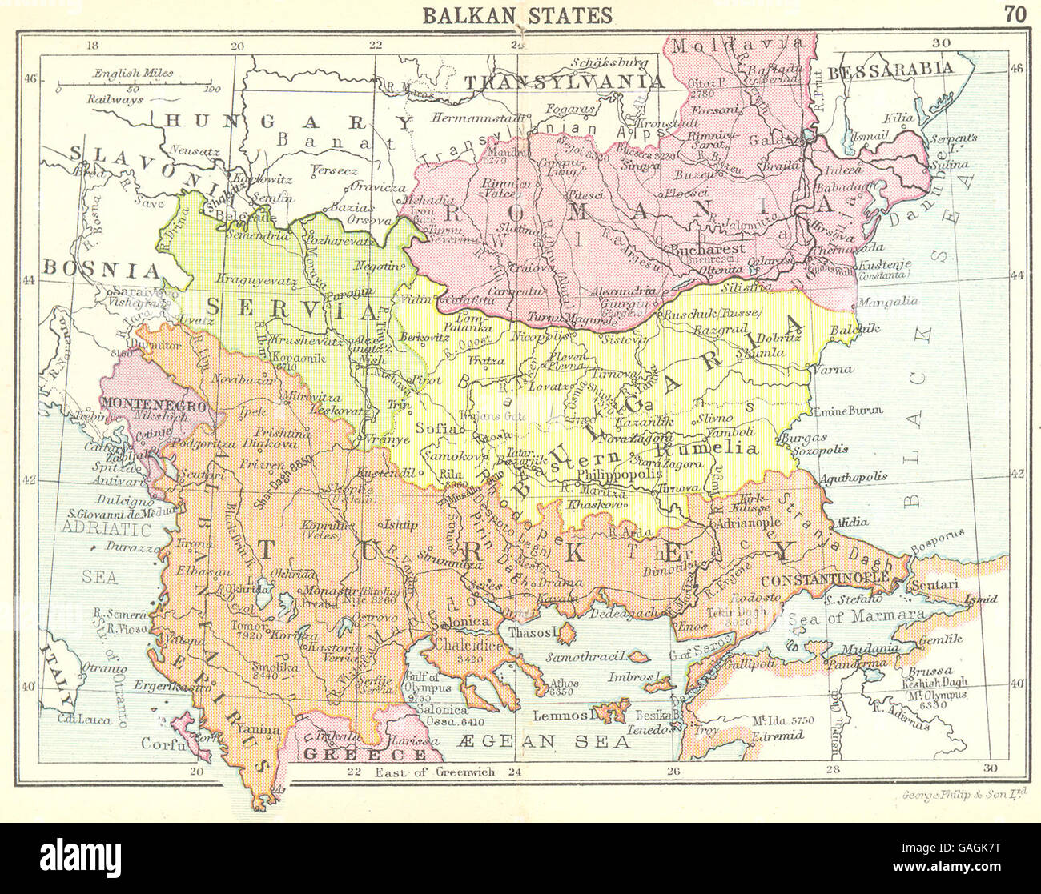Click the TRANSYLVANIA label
coord(565,81)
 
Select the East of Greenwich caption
coord(435,772)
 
